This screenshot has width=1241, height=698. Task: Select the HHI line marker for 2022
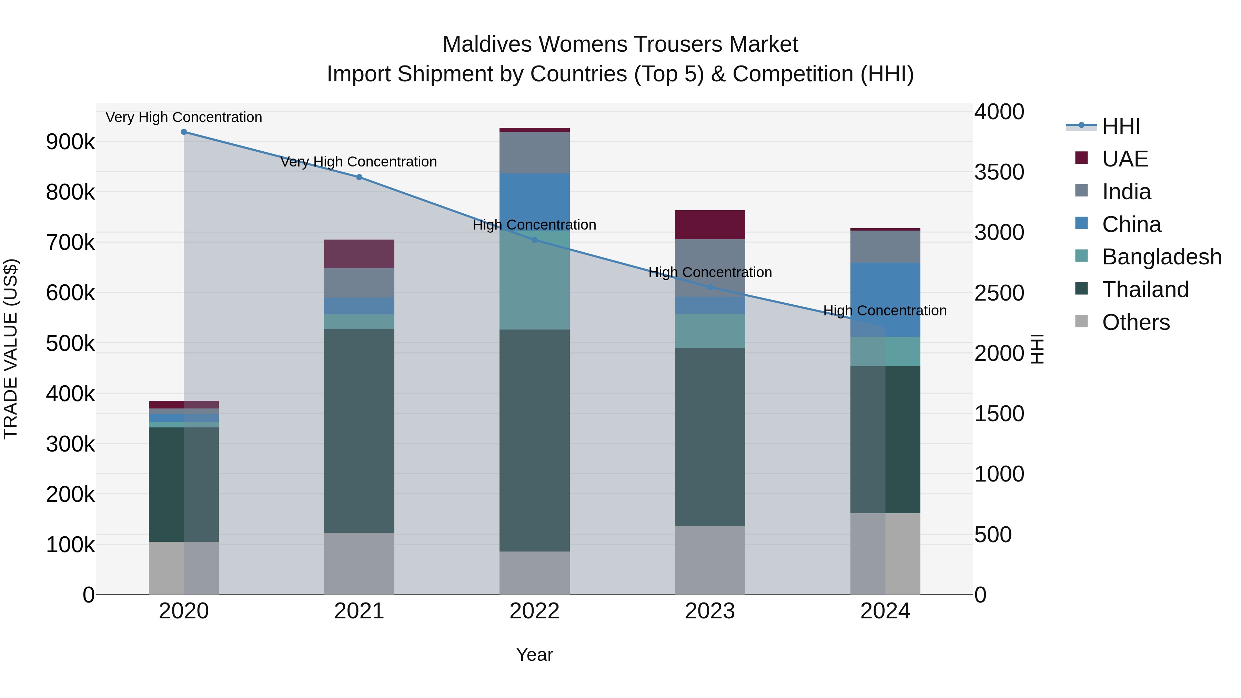click(x=534, y=240)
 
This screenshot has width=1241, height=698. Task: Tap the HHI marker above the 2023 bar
click(x=710, y=287)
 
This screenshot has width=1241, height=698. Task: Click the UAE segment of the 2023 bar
click(x=710, y=225)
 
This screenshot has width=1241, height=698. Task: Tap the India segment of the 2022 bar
click(x=534, y=153)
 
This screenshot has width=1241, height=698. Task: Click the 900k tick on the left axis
click(x=70, y=142)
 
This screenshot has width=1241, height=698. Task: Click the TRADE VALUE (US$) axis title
click(x=11, y=349)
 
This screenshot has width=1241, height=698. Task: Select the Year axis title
click(x=534, y=655)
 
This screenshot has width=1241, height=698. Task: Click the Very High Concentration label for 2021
click(x=359, y=162)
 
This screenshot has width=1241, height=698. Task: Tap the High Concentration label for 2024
click(x=885, y=311)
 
